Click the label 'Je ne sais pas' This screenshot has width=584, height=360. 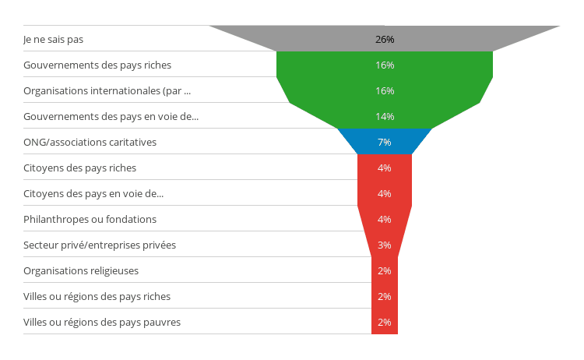click(x=53, y=39)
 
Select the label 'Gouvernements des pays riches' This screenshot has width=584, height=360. click(x=97, y=65)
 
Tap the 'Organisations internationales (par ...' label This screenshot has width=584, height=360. click(x=107, y=90)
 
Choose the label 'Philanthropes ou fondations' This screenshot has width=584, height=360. click(x=90, y=219)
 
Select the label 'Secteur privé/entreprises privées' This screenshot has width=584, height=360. click(x=100, y=245)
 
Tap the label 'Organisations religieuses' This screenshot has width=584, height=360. click(x=81, y=270)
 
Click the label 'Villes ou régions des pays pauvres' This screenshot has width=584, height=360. click(x=102, y=322)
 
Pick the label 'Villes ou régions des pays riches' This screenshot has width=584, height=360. click(x=97, y=296)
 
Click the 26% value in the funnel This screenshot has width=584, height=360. click(x=385, y=39)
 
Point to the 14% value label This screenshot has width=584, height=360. click(x=385, y=116)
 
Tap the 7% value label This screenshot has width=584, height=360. click(x=385, y=142)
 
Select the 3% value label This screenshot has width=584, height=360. click(x=385, y=245)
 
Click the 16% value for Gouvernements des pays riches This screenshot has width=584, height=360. click(x=385, y=65)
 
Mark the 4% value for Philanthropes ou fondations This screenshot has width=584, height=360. click(x=385, y=219)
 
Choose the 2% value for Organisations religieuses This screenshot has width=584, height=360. click(x=385, y=270)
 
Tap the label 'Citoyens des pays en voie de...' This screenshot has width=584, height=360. click(x=93, y=193)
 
